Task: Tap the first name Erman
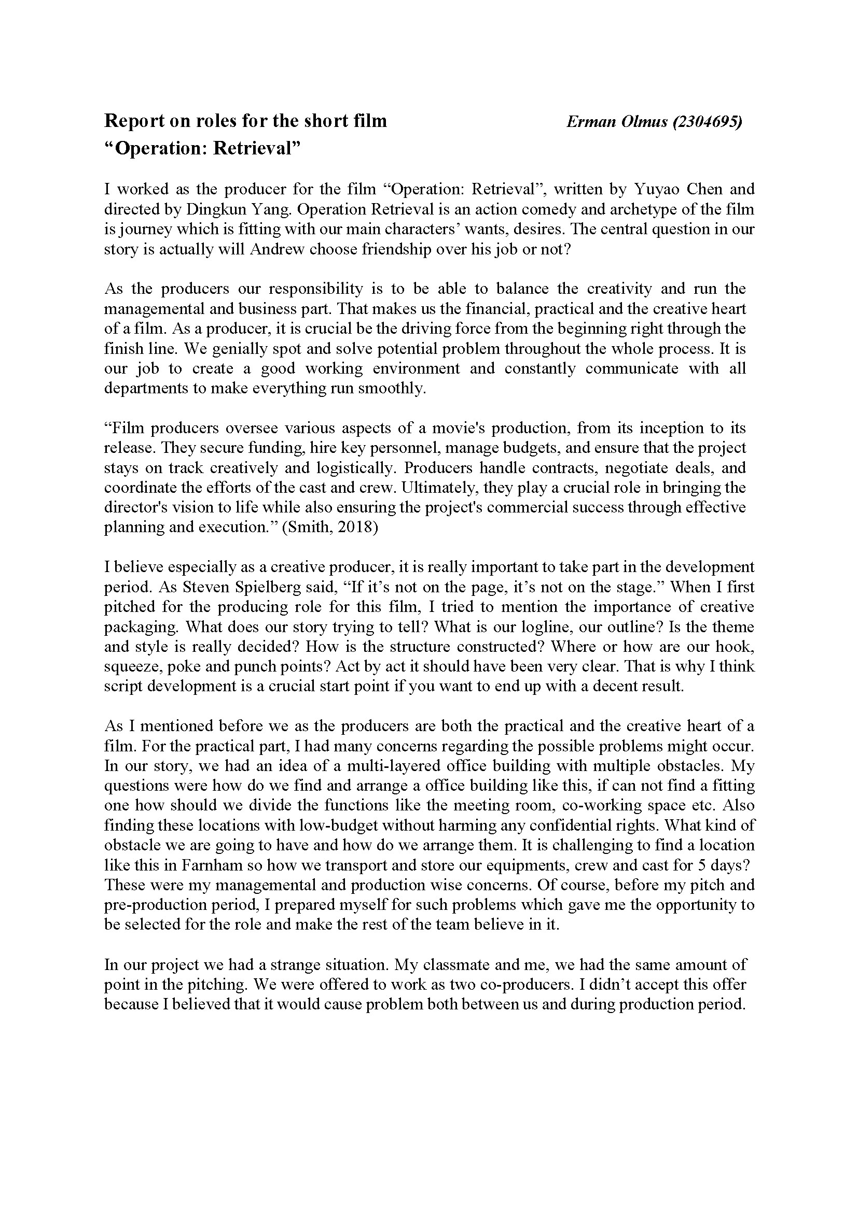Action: tap(587, 122)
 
